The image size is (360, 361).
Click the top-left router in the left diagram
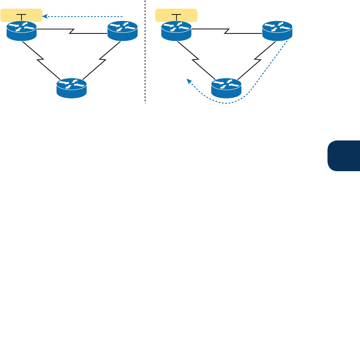21,31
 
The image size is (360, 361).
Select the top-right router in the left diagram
122,31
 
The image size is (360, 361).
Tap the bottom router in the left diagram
72,88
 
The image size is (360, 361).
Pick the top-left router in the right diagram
176,31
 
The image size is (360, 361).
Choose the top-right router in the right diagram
277,31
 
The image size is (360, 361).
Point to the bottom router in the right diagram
226,88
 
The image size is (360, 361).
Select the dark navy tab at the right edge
343,155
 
